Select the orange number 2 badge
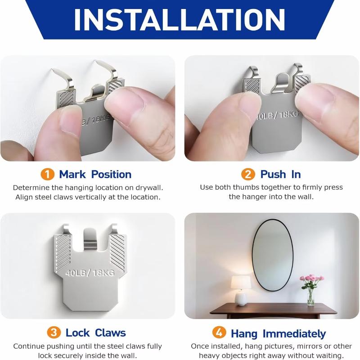point(248,174)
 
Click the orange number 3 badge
point(54,333)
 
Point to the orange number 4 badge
point(219,333)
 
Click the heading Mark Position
point(95,174)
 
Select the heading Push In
point(280,174)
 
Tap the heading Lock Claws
point(95,333)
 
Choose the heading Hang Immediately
point(278,333)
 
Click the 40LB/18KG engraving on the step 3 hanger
point(90,273)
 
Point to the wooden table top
point(273,308)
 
